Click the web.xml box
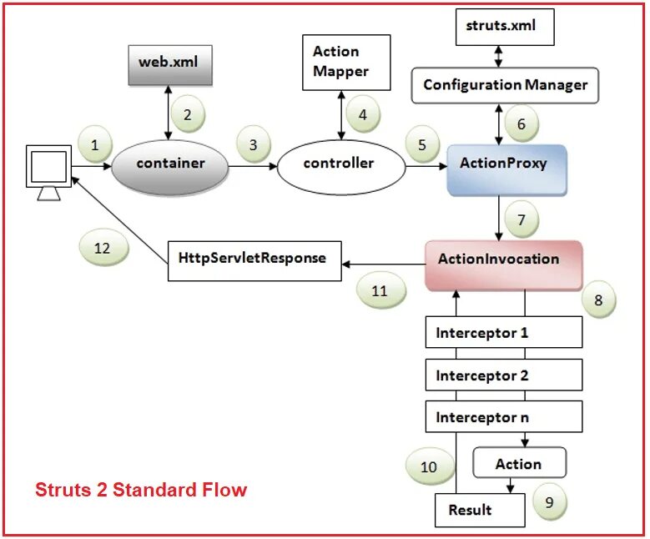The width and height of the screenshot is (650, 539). (x=170, y=63)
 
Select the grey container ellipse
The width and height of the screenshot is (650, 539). (x=169, y=164)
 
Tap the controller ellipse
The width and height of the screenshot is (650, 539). (x=340, y=164)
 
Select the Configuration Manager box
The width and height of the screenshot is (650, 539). (x=505, y=85)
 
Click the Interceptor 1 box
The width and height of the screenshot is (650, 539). (x=503, y=333)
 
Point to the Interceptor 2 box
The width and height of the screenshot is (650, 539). (x=503, y=375)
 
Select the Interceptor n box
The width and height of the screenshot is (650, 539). (x=503, y=417)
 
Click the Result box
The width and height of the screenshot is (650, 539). (x=470, y=510)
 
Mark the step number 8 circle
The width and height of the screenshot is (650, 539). (x=598, y=300)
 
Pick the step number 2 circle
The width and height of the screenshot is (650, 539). (x=188, y=114)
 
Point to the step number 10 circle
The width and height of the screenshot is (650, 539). (x=429, y=467)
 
